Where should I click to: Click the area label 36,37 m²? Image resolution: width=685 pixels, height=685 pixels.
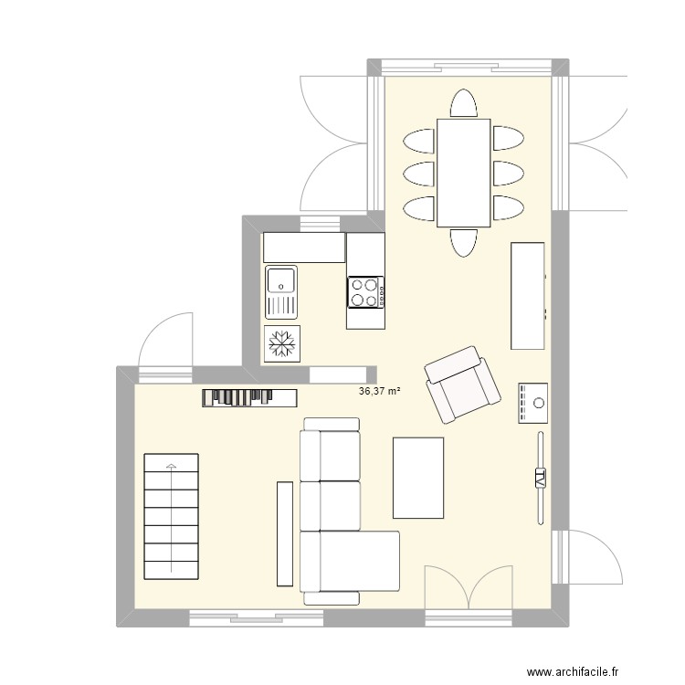click(380, 391)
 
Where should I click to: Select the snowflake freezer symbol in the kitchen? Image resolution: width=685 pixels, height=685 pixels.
click(282, 343)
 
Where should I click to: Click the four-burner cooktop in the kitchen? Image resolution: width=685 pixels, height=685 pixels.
click(364, 292)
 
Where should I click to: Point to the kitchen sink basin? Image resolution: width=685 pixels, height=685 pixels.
click(281, 279)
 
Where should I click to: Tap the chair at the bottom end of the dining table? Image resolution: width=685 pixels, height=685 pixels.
click(464, 243)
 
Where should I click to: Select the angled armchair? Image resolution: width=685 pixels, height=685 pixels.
click(464, 385)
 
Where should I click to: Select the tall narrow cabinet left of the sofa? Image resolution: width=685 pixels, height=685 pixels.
click(285, 533)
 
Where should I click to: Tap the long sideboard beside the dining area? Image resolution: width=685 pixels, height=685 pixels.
click(528, 296)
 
